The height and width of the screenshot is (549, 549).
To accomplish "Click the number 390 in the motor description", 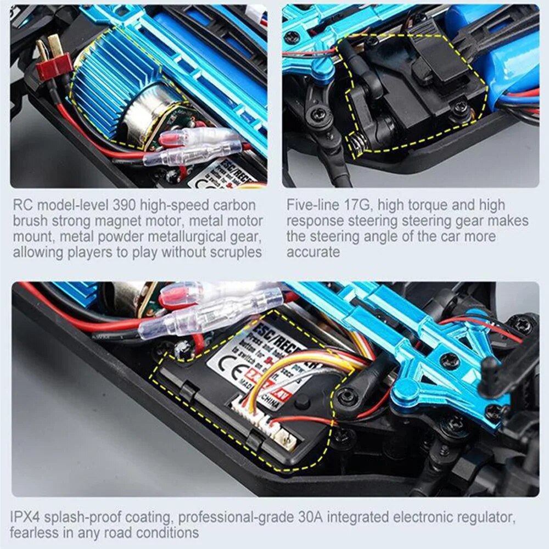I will click(x=126, y=205).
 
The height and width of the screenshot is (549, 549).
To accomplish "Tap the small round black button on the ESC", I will click(x=300, y=404).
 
